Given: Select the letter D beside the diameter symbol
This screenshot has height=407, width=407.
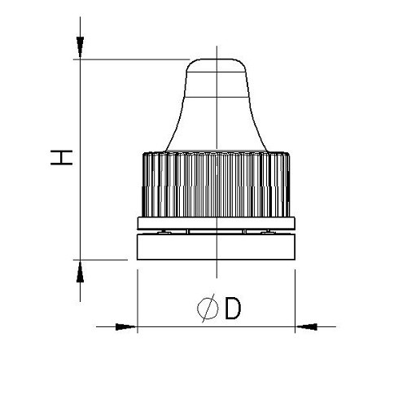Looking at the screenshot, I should (x=232, y=309).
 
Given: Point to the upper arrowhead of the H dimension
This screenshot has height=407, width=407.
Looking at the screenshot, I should (x=80, y=50).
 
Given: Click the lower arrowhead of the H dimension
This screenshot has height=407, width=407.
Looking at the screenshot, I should (x=80, y=269).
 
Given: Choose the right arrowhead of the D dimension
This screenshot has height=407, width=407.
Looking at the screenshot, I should (x=305, y=327).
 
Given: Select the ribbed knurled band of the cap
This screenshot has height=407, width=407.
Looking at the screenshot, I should (x=216, y=183).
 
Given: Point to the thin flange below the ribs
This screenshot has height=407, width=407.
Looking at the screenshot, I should (x=216, y=223).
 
